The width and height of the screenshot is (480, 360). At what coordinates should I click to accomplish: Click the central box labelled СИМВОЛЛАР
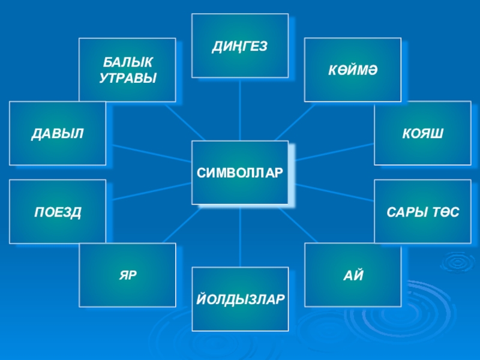point(239,173)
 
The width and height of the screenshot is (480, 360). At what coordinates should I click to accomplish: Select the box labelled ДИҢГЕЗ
point(239,46)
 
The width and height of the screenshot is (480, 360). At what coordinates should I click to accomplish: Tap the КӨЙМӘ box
point(352,70)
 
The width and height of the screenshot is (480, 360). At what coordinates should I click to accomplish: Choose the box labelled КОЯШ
point(422,133)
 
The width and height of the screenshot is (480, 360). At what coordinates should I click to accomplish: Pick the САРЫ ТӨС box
point(422,211)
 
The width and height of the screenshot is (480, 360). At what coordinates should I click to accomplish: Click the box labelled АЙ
point(352,275)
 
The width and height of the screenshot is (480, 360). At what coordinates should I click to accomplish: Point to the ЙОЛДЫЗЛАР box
point(239,299)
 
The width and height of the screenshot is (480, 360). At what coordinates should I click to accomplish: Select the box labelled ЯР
point(127,275)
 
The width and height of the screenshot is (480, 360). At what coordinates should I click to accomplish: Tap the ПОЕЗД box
point(58,211)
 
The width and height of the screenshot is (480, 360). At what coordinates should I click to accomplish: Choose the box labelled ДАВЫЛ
point(58,133)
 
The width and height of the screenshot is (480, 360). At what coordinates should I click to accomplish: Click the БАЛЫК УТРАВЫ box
point(127,70)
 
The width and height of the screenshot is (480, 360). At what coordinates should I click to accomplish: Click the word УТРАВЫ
point(127,77)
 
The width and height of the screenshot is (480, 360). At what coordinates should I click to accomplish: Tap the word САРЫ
point(403,212)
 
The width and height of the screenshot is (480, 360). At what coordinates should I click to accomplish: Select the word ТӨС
point(440,212)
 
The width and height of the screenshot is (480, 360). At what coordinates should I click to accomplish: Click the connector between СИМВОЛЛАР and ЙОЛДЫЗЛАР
point(240,236)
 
